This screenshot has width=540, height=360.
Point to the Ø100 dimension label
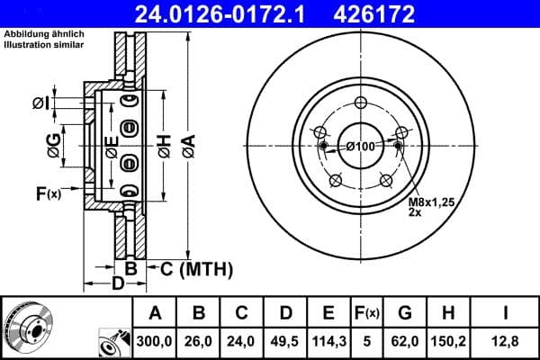pos(360,147)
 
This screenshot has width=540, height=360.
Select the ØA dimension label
pos(187,145)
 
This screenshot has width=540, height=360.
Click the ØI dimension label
pos(40,103)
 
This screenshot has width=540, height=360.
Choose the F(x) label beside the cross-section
pos(47,193)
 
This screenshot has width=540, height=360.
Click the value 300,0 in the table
pos(155,342)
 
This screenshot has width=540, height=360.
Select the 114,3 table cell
pos(328,342)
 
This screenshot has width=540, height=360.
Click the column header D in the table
pos(284,313)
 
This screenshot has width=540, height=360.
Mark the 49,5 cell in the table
pos(284,342)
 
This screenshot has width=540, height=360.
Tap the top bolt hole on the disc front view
pos(361,102)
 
